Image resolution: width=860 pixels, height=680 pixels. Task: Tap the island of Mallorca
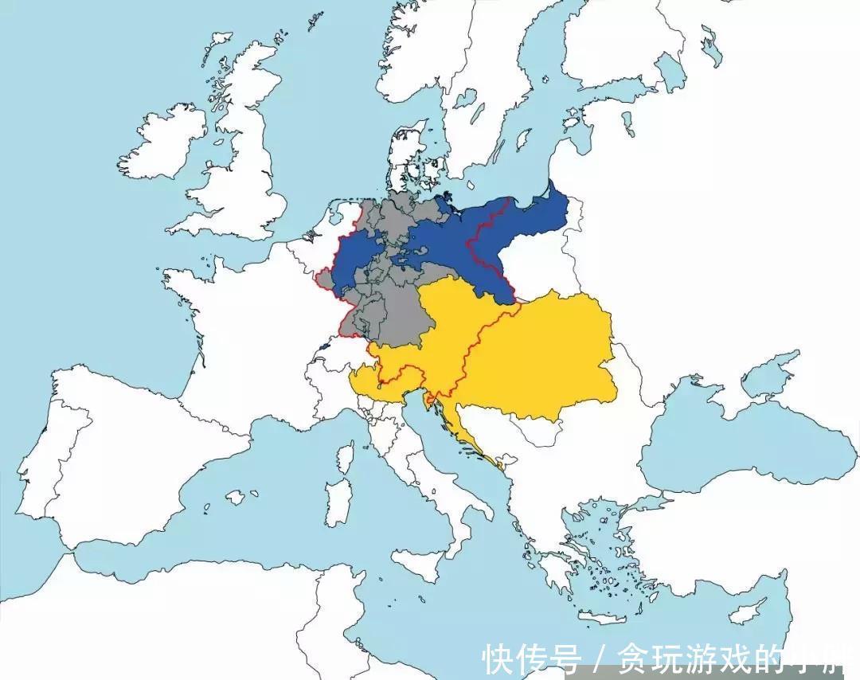click(x=235, y=498)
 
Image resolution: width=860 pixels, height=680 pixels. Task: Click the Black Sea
click(x=717, y=438)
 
